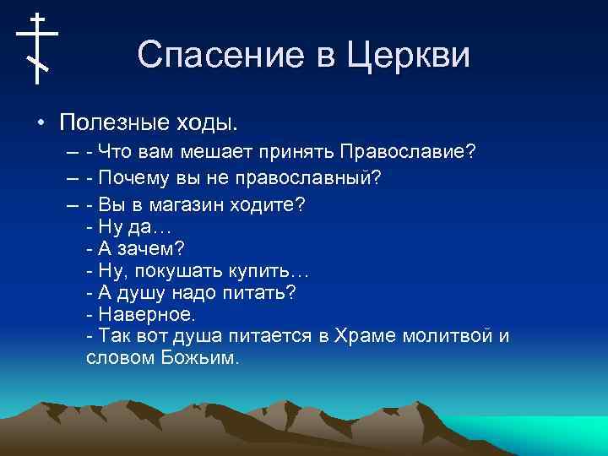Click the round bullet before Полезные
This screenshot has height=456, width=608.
point(40,123)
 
